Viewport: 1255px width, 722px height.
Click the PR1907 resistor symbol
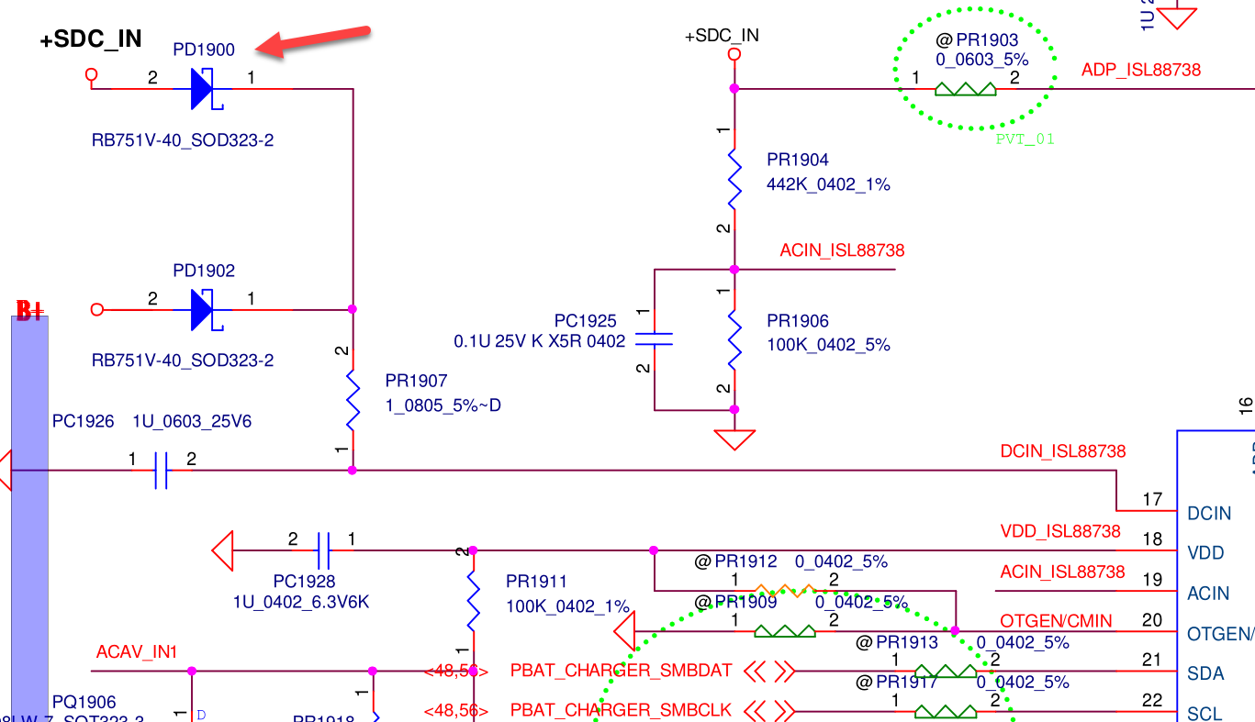[x=353, y=400]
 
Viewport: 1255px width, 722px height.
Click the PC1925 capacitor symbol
[x=655, y=339]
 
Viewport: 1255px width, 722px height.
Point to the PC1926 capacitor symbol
[x=161, y=471]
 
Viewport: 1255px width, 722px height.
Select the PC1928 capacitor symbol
[x=322, y=551]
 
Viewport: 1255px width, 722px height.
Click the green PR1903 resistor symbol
[x=965, y=89]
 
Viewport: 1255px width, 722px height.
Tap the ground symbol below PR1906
[x=734, y=439]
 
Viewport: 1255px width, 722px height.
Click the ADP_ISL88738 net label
[x=1141, y=70]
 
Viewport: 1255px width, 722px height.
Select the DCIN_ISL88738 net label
[x=1062, y=451]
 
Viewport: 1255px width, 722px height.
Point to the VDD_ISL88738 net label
[x=1060, y=531]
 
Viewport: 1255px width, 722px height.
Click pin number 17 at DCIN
[x=1152, y=500]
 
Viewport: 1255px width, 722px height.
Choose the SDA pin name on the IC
[x=1205, y=673]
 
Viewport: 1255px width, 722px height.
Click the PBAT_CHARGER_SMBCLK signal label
[x=621, y=710]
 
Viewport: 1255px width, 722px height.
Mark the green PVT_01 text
[x=1025, y=139]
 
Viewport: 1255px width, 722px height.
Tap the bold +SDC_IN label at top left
[x=91, y=39]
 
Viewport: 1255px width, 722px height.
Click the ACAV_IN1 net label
[x=137, y=652]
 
